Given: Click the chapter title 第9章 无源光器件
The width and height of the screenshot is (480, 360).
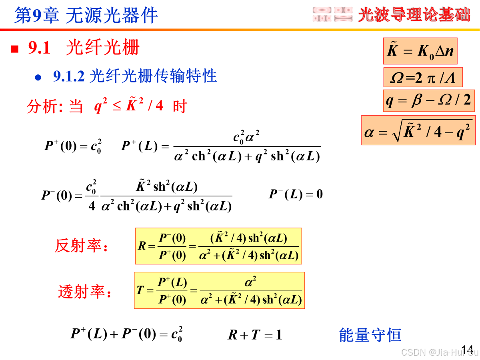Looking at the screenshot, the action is point(86,15).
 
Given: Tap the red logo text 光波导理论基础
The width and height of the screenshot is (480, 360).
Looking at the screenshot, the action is point(414,15).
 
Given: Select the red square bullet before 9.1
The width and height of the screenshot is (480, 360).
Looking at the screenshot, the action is point(15,49).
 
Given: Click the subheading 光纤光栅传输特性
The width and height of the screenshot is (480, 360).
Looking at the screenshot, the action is point(153,76).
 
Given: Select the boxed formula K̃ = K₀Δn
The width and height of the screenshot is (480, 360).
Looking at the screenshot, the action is point(420,51).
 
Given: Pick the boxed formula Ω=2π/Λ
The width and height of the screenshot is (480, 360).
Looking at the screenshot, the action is point(423,78).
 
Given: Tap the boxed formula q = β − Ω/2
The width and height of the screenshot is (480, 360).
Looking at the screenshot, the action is point(428,100).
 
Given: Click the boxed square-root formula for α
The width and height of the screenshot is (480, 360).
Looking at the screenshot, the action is point(418,130).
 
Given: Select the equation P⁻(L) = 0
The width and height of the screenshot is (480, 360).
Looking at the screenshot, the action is point(296,195).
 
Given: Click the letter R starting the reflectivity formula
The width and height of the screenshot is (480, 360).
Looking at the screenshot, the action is point(142,246).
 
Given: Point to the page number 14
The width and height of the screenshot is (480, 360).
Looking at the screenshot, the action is point(467,348).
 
